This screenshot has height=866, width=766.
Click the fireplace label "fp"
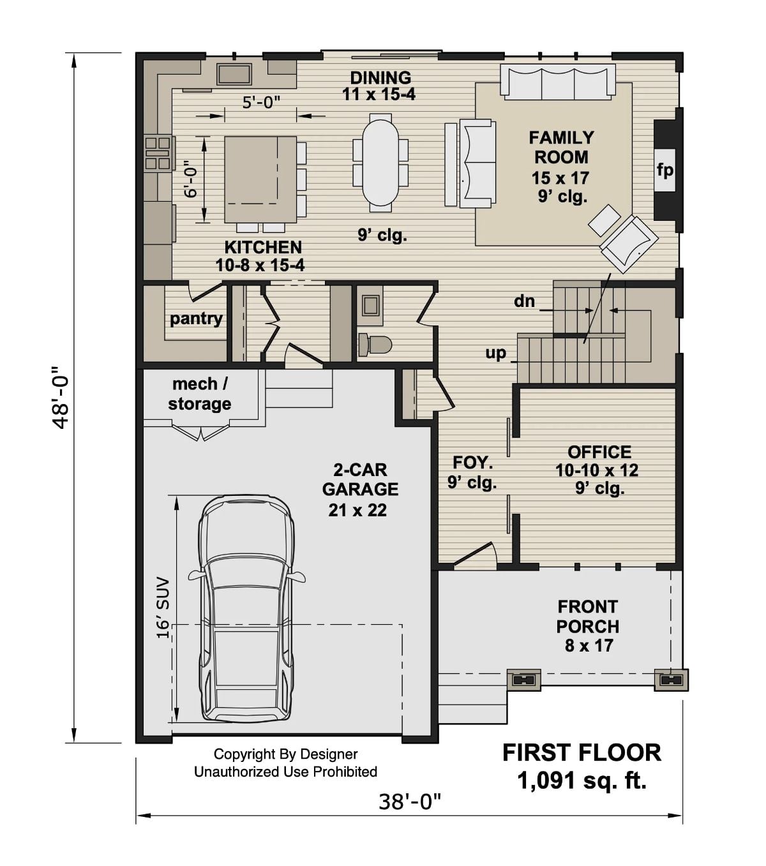tap(665, 170)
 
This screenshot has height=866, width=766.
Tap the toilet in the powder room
tap(375, 344)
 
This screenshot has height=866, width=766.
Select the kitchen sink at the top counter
tap(234, 73)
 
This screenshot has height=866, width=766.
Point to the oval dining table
tap(380, 163)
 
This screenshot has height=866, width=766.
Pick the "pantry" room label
tap(196, 318)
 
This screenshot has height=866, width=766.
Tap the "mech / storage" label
tap(199, 394)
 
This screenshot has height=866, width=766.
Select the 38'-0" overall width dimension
tap(410, 801)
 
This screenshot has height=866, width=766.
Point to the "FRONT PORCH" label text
tap(588, 616)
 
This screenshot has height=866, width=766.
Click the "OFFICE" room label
tap(599, 452)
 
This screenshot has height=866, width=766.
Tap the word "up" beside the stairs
tap(496, 353)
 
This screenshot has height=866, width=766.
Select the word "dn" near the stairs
tap(524, 301)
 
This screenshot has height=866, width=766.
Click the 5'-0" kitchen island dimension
tap(261, 102)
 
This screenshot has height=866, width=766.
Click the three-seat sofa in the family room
tap(557, 82)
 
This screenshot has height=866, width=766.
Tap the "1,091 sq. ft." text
tap(582, 780)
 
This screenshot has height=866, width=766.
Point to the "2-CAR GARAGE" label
tap(360, 479)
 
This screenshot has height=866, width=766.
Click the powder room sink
tap(370, 305)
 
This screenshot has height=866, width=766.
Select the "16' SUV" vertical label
tap(163, 608)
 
